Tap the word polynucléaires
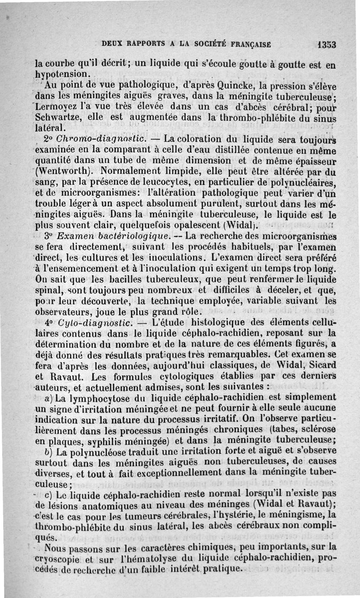(x=306, y=183)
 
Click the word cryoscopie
(x=59, y=558)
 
